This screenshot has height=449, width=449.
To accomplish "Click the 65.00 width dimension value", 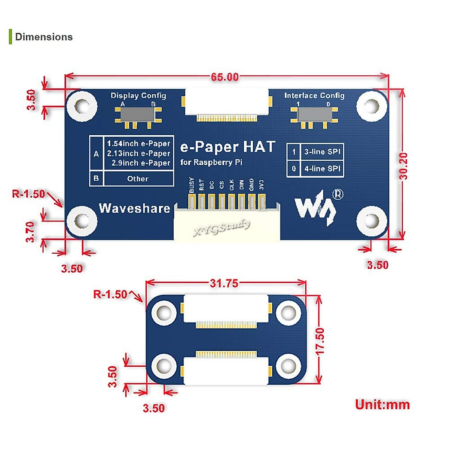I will click(x=224, y=77).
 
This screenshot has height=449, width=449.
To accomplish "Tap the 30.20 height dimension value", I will click(x=403, y=166).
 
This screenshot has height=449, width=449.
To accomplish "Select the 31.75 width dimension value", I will click(x=224, y=283).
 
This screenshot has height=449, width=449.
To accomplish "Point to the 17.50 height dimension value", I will click(x=320, y=341).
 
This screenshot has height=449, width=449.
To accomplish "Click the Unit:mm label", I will click(x=382, y=404).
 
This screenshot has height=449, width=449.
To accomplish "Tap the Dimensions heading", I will click(x=44, y=37).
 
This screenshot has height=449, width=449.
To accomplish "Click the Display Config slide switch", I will click(x=137, y=115).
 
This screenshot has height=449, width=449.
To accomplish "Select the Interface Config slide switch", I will click(x=314, y=114).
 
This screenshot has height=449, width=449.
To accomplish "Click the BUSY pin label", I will click(x=192, y=185).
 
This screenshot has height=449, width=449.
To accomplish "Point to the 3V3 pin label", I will click(x=262, y=185).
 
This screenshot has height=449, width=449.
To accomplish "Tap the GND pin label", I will click(x=251, y=185).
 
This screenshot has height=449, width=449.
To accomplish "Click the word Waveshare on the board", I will click(x=134, y=208).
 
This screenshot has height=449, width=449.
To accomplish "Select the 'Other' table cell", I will click(x=138, y=179).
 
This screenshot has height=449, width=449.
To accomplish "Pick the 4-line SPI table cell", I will click(x=322, y=169).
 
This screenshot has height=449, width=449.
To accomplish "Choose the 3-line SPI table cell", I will click(x=322, y=152).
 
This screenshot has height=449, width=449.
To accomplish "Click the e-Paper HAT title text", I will click(x=227, y=147).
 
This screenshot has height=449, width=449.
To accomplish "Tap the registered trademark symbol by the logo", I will click(x=337, y=194).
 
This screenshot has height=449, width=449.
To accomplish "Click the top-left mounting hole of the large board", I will click(x=82, y=106).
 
